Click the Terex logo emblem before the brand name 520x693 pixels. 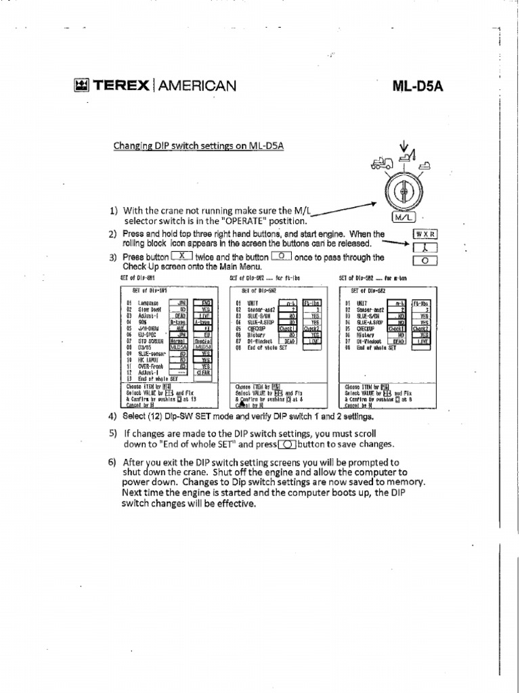pos(81,85)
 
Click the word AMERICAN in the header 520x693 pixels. pos(197,85)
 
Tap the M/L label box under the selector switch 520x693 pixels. pos(403,217)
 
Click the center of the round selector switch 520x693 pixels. pos(403,192)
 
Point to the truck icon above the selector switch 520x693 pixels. pos(381,163)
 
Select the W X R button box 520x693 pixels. pos(425,234)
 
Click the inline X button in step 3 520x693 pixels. pos(183,256)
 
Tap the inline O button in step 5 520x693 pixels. pos(287,444)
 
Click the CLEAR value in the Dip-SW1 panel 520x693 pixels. pos(202,372)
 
